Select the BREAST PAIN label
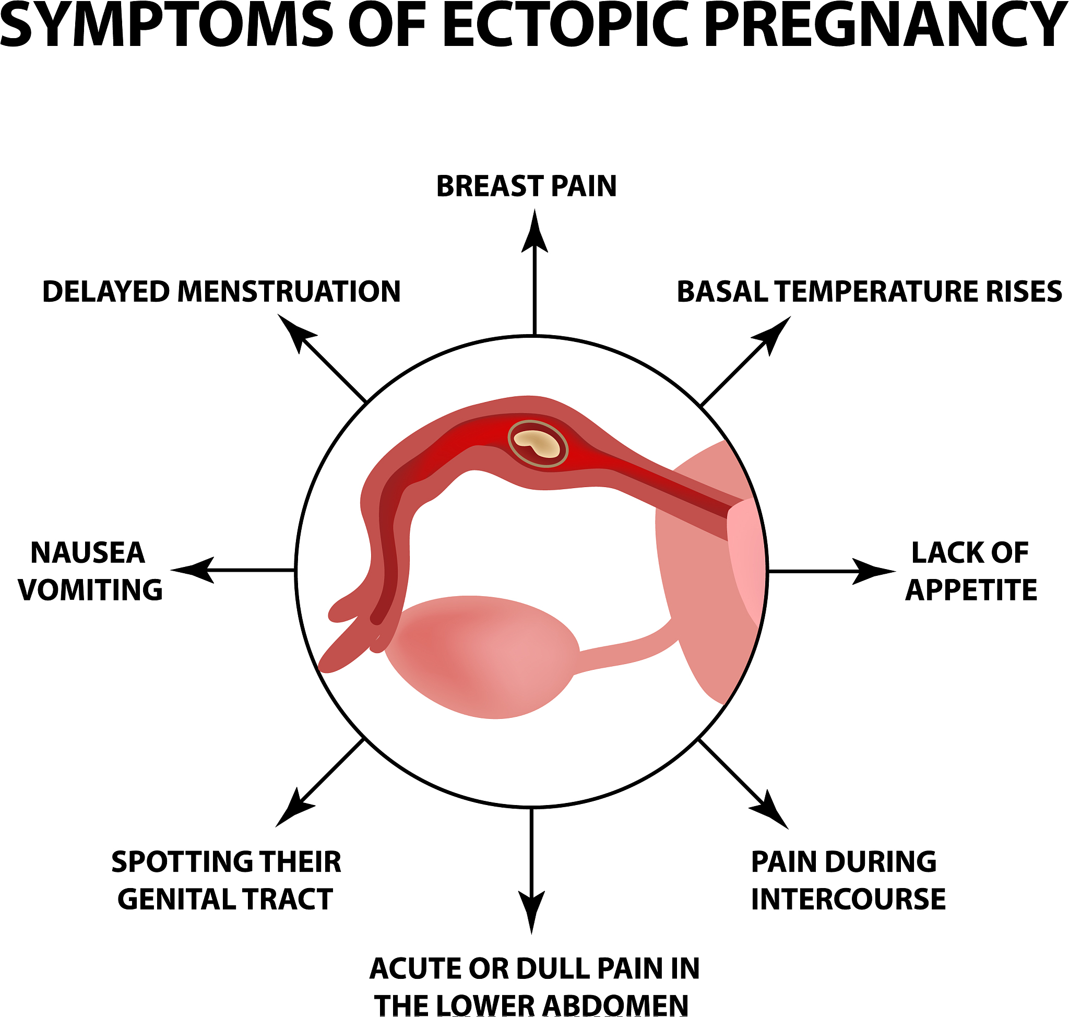tap(526, 186)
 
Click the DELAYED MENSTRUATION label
tap(221, 292)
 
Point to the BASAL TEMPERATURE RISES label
tap(869, 292)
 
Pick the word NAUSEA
tap(88, 553)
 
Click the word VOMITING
tap(90, 590)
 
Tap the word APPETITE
tap(971, 590)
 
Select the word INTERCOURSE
tap(848, 899)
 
